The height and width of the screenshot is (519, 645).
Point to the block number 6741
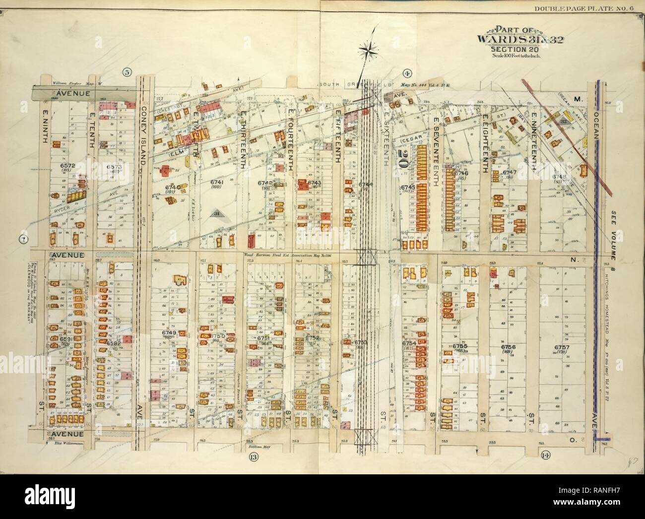tap(217, 183)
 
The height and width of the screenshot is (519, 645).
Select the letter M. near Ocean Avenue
tap(577, 99)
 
